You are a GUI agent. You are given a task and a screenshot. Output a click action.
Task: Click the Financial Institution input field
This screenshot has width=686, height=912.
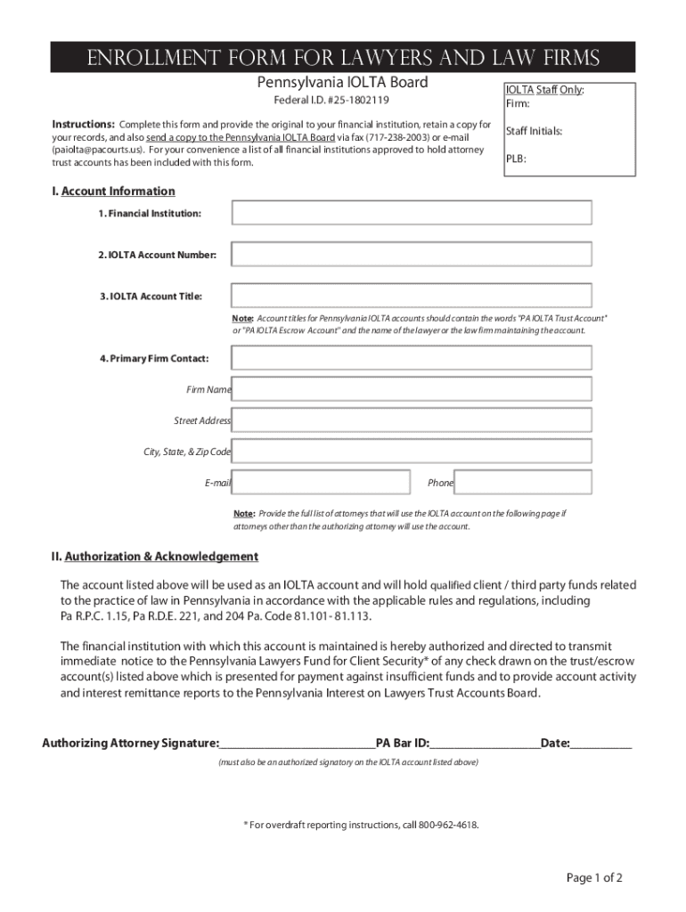click(x=412, y=213)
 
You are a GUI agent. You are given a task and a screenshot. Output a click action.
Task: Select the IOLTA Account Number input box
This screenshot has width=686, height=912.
click(x=412, y=254)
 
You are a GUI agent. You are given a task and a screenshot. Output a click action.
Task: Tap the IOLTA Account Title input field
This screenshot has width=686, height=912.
click(x=412, y=296)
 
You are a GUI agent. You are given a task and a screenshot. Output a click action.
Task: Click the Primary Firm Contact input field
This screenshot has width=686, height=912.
click(x=412, y=357)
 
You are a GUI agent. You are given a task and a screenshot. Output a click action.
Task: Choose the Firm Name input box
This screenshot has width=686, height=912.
click(x=412, y=389)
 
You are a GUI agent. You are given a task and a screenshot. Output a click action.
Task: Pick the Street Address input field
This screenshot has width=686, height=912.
click(x=412, y=420)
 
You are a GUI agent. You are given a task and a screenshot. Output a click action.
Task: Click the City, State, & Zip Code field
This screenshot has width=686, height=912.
click(x=412, y=452)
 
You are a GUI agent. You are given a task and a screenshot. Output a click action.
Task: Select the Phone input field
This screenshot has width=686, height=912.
click(x=523, y=483)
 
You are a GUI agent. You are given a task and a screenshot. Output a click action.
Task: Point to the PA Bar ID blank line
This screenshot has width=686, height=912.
click(x=486, y=743)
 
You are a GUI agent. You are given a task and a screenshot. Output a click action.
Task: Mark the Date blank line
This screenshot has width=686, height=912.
click(x=601, y=743)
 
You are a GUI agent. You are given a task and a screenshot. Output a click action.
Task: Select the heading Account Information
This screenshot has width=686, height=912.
click(x=118, y=191)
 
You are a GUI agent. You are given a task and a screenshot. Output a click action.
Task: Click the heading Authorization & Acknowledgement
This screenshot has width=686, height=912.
click(x=161, y=557)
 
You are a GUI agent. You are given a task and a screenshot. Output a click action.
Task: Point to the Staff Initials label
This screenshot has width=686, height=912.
click(x=534, y=131)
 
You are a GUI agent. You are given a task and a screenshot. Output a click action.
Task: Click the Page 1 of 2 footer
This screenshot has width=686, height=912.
click(x=594, y=878)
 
